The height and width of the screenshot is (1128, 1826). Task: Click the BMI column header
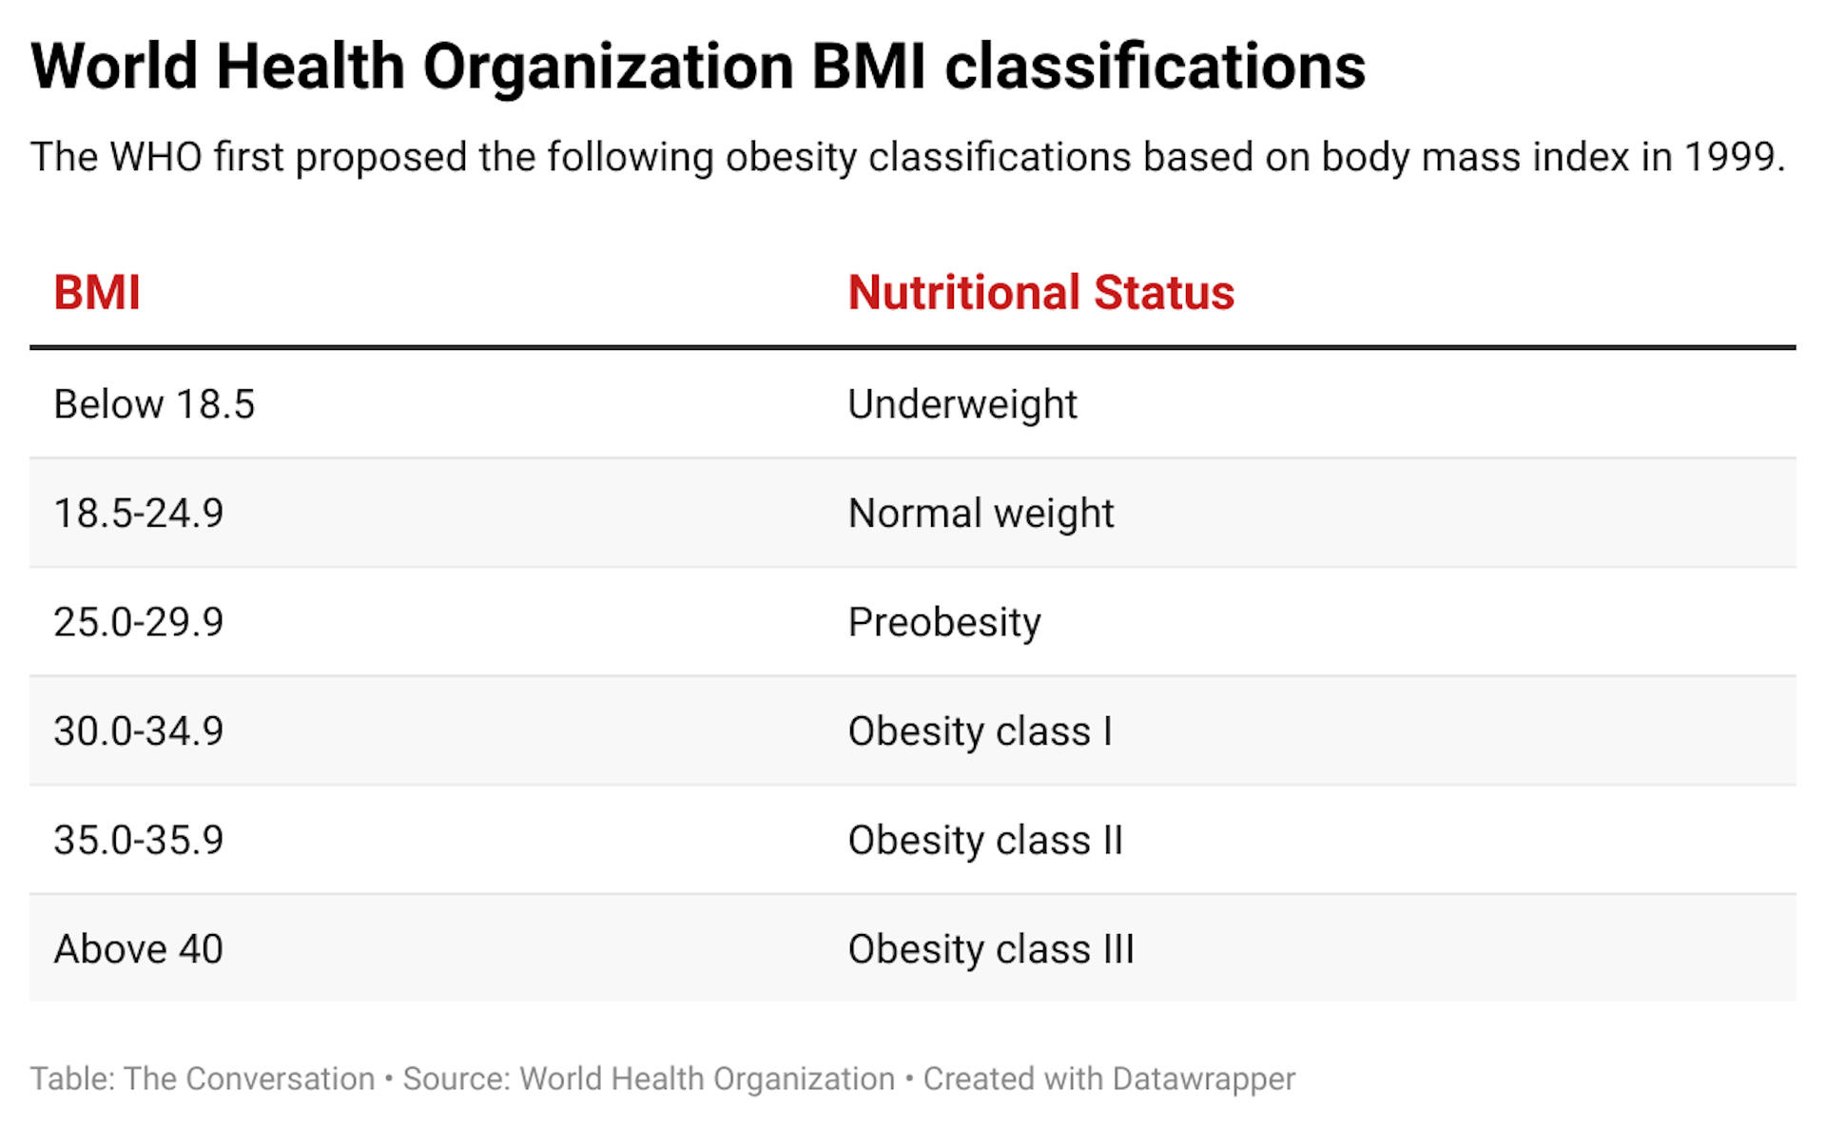point(97,292)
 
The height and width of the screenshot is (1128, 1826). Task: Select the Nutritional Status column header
point(1040,292)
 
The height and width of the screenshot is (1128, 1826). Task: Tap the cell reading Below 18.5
point(154,404)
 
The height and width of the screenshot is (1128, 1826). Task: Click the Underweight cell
point(962,404)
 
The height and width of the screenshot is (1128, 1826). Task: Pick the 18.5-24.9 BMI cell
point(139,514)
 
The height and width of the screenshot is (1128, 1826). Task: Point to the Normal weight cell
point(980,514)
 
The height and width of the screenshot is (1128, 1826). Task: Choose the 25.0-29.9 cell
point(139,622)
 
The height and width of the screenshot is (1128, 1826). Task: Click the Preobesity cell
point(944,622)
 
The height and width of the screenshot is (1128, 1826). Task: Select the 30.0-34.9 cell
point(139,731)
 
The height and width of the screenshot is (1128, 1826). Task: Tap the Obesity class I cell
point(980,731)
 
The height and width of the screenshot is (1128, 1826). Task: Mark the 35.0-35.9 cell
point(139,840)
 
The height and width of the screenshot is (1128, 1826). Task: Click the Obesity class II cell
point(985,840)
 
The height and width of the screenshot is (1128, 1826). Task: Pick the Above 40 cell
point(139,949)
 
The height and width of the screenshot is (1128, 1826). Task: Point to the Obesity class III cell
point(991,949)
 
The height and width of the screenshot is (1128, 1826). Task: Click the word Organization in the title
point(608,67)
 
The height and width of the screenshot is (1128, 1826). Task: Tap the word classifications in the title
point(1155,67)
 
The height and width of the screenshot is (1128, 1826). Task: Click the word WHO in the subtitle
point(156,157)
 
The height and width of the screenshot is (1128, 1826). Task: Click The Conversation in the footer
point(249,1079)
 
